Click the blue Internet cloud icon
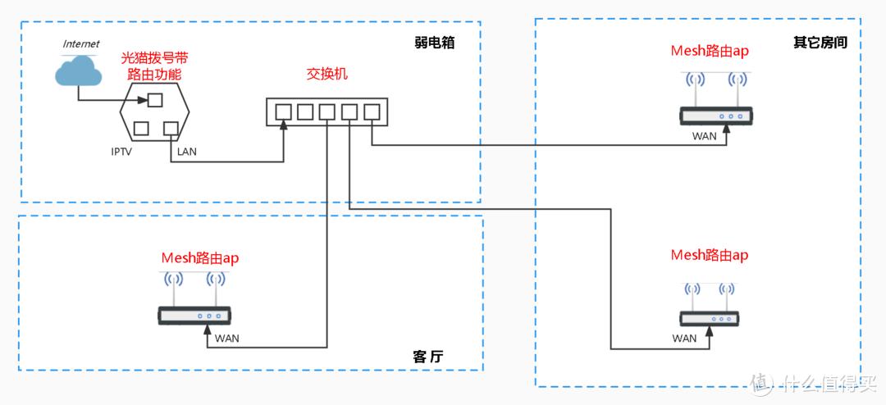pos(78,71)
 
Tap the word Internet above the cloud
pos(81,43)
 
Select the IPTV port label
pos(121,152)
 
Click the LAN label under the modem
pos(187,152)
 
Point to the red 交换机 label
pos(327,75)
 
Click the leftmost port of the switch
pos(284,111)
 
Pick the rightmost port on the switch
pos(372,111)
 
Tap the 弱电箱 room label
pos(435,43)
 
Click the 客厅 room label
pos(434,357)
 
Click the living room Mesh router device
pos(195,314)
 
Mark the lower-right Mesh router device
pos(710,318)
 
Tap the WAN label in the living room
pos(227,339)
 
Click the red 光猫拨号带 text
pos(154,58)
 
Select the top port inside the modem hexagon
pos(154,100)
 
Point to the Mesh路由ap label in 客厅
pos(200,257)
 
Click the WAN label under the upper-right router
pos(704,137)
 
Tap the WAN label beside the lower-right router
pos(684,338)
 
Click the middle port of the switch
pos(328,111)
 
